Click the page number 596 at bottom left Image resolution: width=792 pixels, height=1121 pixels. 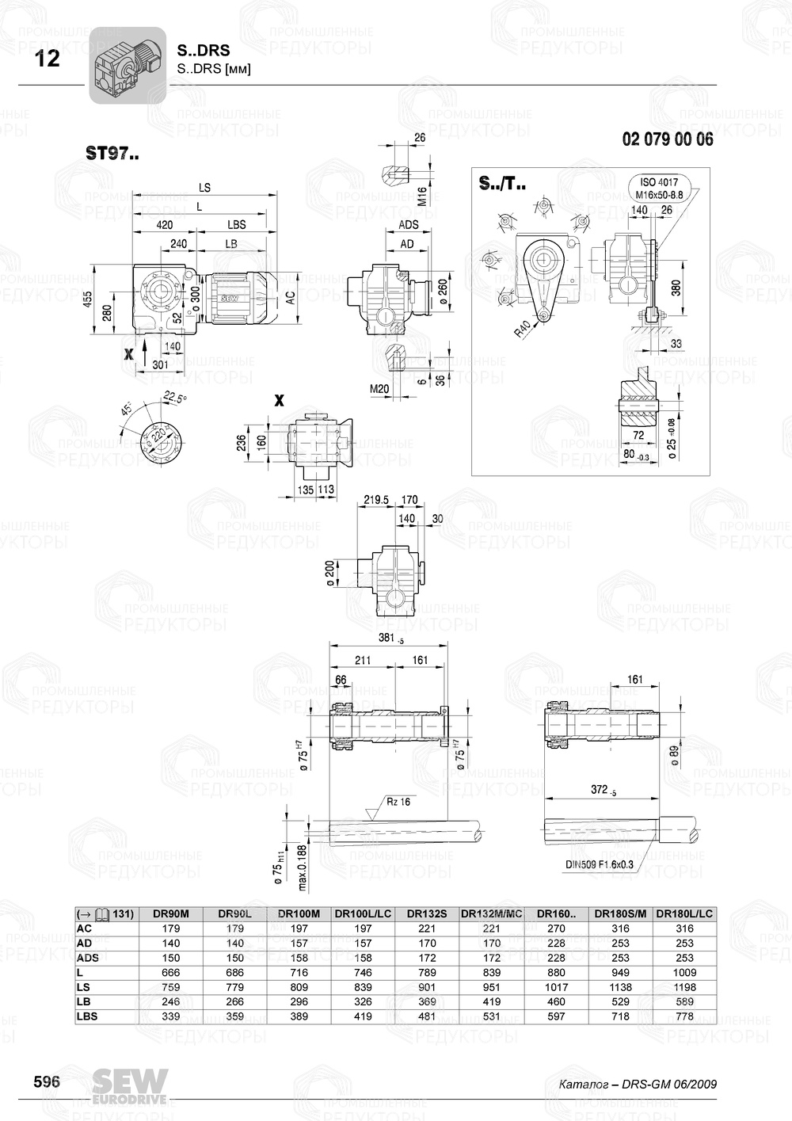pyautogui.click(x=46, y=1082)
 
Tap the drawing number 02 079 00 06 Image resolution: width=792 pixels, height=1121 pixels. pyautogui.click(x=668, y=139)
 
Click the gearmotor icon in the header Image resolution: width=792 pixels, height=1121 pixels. pyautogui.click(x=127, y=66)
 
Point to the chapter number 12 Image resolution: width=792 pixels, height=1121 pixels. pyautogui.click(x=48, y=59)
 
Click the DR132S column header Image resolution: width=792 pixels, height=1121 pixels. pyautogui.click(x=427, y=913)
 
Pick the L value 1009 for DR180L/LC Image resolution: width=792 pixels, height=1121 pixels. pyautogui.click(x=684, y=972)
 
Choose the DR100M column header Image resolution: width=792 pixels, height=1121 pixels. pyautogui.click(x=299, y=913)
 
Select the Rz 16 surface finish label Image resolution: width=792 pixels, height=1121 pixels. pyautogui.click(x=398, y=801)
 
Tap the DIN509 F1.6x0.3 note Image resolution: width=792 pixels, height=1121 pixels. pyautogui.click(x=600, y=865)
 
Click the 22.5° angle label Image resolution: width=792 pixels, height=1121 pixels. pyautogui.click(x=175, y=398)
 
